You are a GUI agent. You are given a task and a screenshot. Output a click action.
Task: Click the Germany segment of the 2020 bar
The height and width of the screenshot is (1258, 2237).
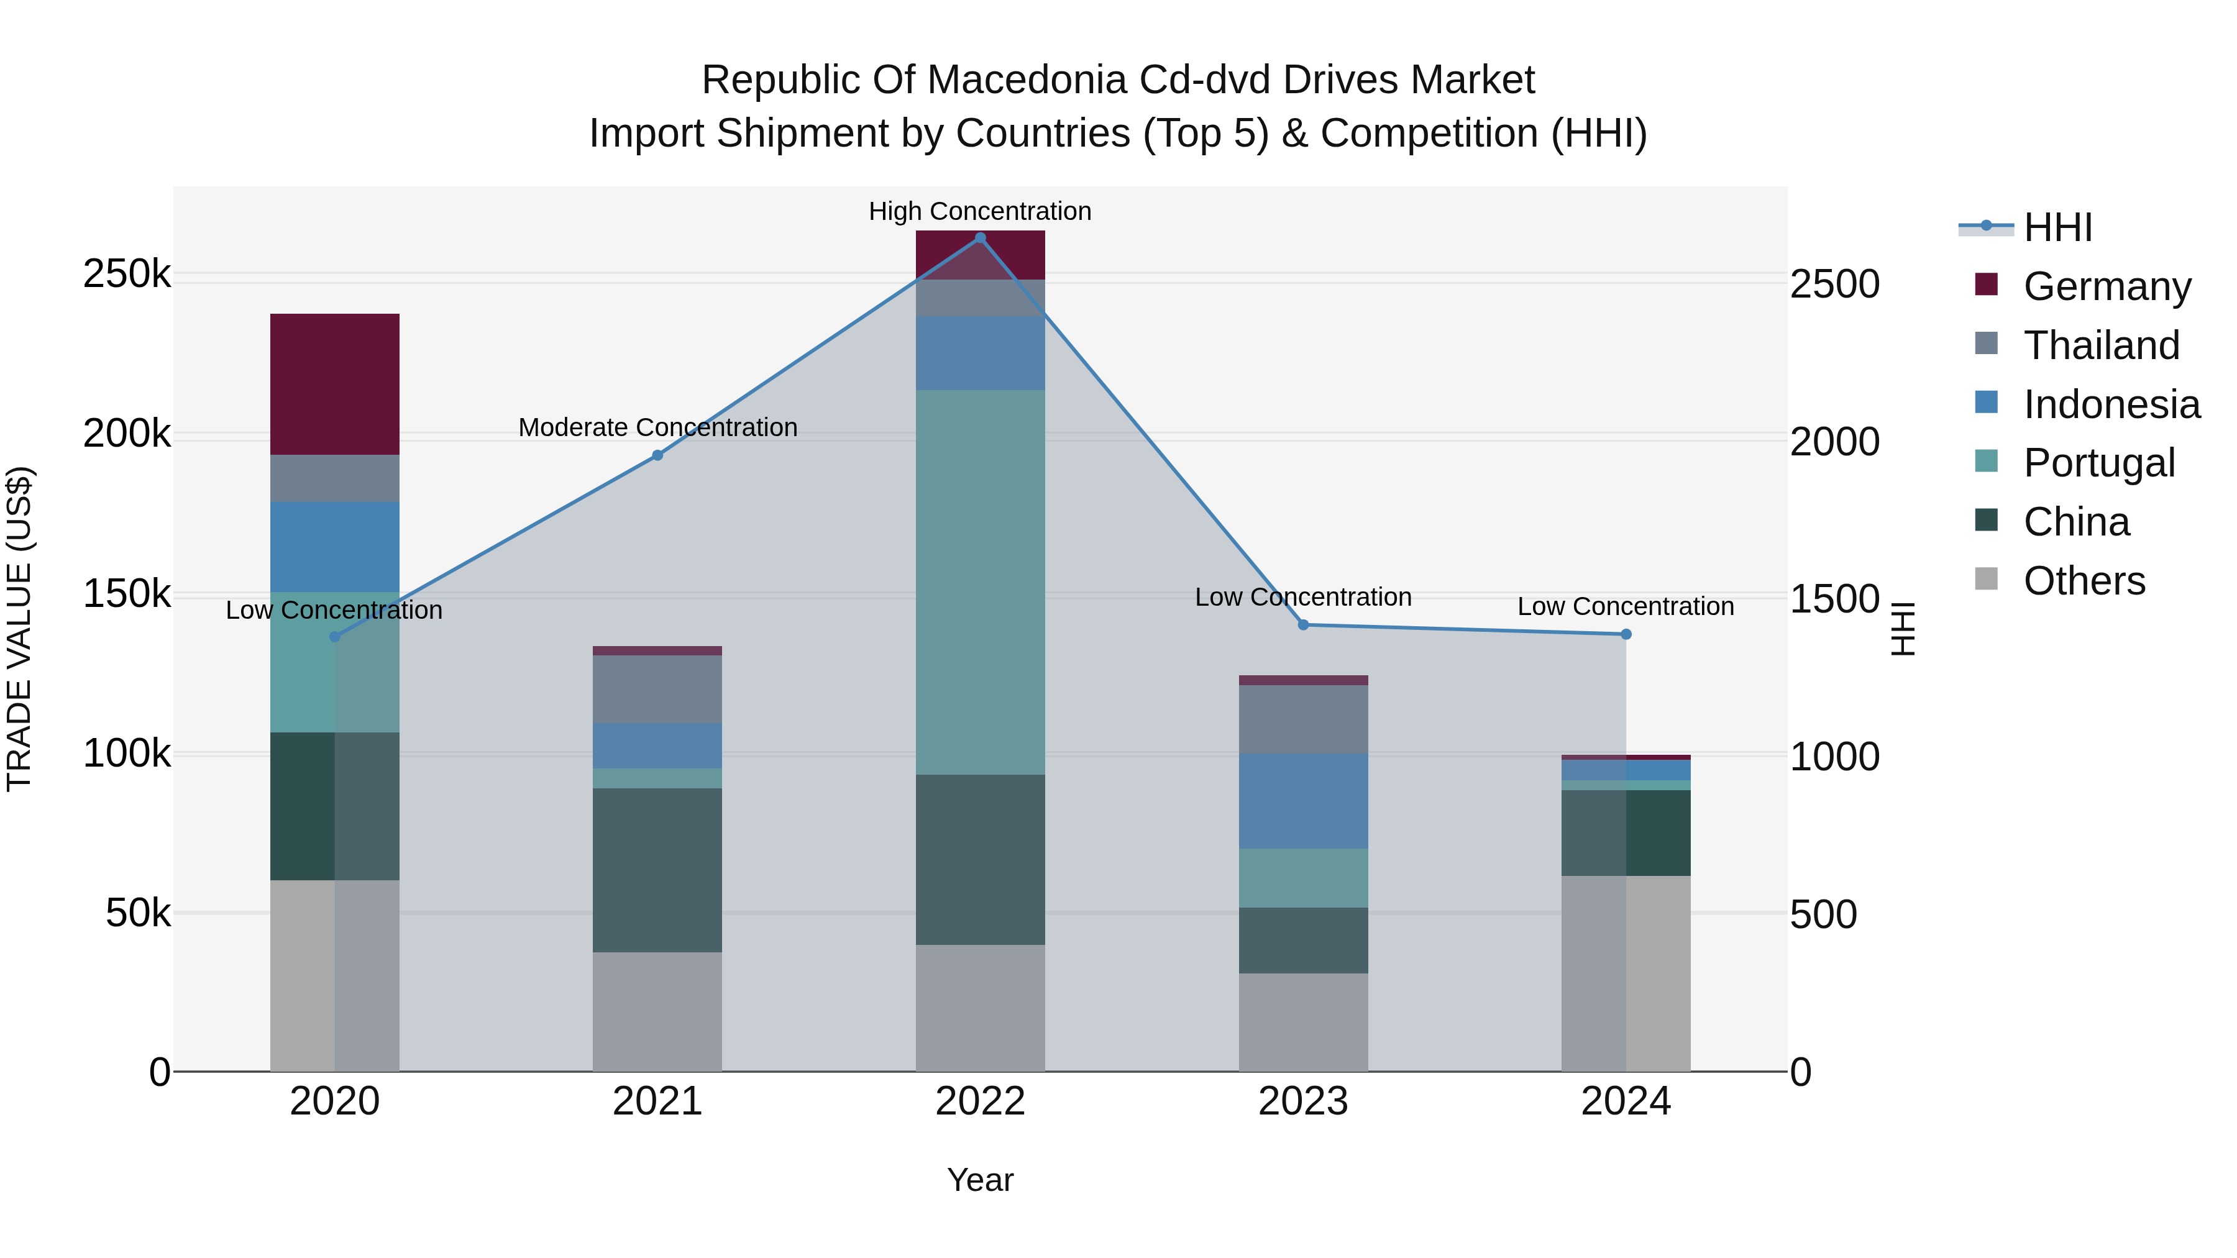[x=334, y=384]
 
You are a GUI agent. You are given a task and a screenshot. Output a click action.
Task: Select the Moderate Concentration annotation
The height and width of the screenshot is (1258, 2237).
[x=657, y=428]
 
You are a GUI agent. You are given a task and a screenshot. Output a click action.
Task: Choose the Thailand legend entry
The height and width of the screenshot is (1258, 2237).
[x=2102, y=345]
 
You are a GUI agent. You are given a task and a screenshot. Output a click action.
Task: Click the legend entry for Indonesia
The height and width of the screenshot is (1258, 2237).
[x=2111, y=404]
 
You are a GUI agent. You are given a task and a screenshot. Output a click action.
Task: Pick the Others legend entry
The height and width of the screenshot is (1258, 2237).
[x=2084, y=581]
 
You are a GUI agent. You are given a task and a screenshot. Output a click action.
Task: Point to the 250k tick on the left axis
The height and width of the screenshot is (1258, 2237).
[x=127, y=275]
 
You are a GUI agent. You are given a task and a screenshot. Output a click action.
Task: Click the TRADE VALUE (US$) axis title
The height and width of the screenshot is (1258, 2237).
[x=20, y=629]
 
